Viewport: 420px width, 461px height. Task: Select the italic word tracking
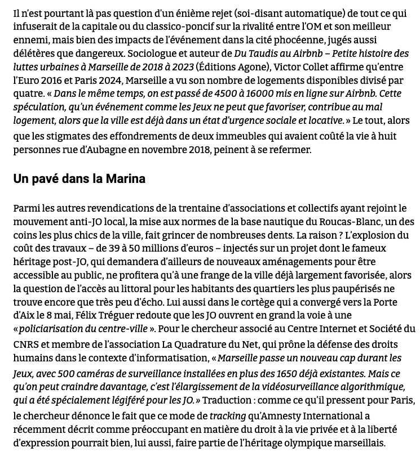228,417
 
